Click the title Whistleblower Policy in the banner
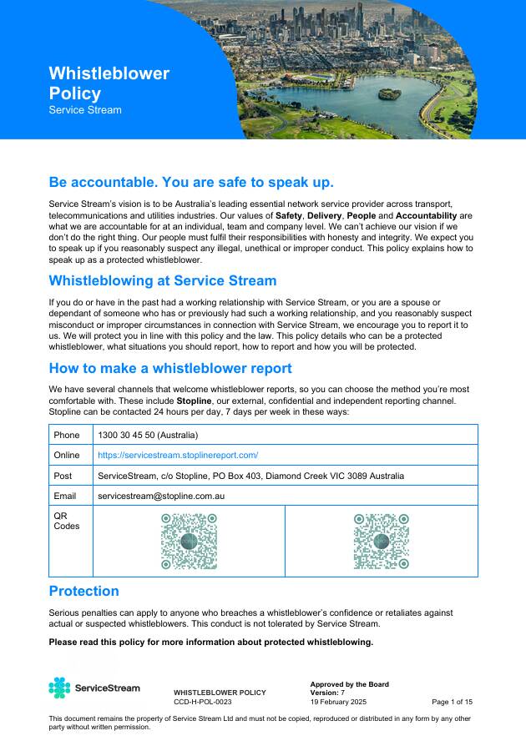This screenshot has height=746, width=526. click(109, 83)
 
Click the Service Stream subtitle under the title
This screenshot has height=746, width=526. click(85, 110)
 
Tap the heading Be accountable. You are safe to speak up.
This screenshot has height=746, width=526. click(191, 183)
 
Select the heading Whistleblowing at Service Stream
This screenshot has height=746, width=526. click(163, 280)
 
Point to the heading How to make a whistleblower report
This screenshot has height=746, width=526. click(170, 368)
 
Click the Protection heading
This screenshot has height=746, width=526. click(83, 591)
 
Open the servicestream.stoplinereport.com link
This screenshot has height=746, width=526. click(178, 456)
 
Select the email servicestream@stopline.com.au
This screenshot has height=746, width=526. click(161, 496)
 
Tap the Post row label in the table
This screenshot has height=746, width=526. click(63, 476)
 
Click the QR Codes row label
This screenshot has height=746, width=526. click(67, 521)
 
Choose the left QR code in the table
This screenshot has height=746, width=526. click(189, 541)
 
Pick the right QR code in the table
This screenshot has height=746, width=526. click(382, 541)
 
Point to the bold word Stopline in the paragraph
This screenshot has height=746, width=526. click(194, 401)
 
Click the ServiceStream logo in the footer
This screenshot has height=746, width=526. click(94, 688)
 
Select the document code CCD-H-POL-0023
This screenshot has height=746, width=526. click(203, 703)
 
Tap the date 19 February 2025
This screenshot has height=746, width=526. click(338, 703)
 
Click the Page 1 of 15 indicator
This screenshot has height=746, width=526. click(452, 703)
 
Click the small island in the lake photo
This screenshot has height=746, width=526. click(390, 93)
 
